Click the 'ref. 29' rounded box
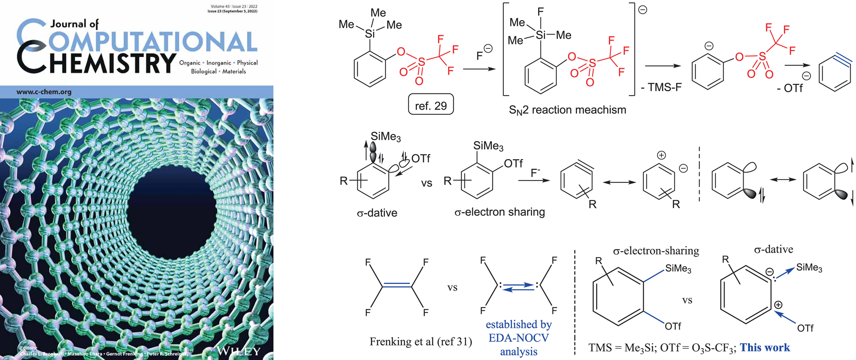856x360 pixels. click(431, 105)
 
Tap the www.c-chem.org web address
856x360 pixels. click(44, 92)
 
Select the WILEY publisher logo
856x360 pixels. click(238, 350)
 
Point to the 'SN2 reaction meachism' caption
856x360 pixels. click(567, 110)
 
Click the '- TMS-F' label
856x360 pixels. click(661, 88)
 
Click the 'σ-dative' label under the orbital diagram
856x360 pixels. click(377, 213)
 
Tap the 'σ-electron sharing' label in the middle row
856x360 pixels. click(499, 212)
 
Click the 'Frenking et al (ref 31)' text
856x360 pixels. click(421, 341)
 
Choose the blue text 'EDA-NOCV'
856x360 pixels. click(519, 338)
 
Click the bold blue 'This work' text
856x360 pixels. click(765, 347)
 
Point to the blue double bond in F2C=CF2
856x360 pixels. click(397, 286)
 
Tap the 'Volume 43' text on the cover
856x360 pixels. click(220, 7)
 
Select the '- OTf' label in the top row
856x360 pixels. click(790, 88)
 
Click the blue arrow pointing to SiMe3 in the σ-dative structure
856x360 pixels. click(786, 271)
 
